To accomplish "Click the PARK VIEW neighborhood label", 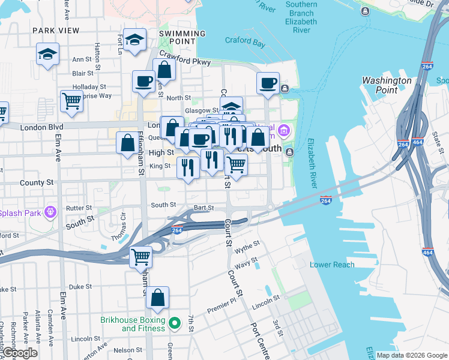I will click(x=56, y=30).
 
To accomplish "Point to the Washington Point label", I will click(x=387, y=85).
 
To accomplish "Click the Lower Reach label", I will click(x=332, y=265).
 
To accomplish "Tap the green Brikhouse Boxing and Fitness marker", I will click(x=175, y=324).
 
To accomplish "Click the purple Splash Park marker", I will click(x=50, y=211).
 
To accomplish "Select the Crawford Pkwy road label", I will click(x=185, y=61).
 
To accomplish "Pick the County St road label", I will click(x=32, y=182).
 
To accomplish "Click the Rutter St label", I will click(x=79, y=208).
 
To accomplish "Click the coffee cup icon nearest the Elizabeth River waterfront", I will click(x=268, y=83).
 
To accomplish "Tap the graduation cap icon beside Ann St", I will click(x=47, y=55).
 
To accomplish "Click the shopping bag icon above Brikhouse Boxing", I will click(x=157, y=297).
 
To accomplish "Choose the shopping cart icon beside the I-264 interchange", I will click(x=141, y=256).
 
